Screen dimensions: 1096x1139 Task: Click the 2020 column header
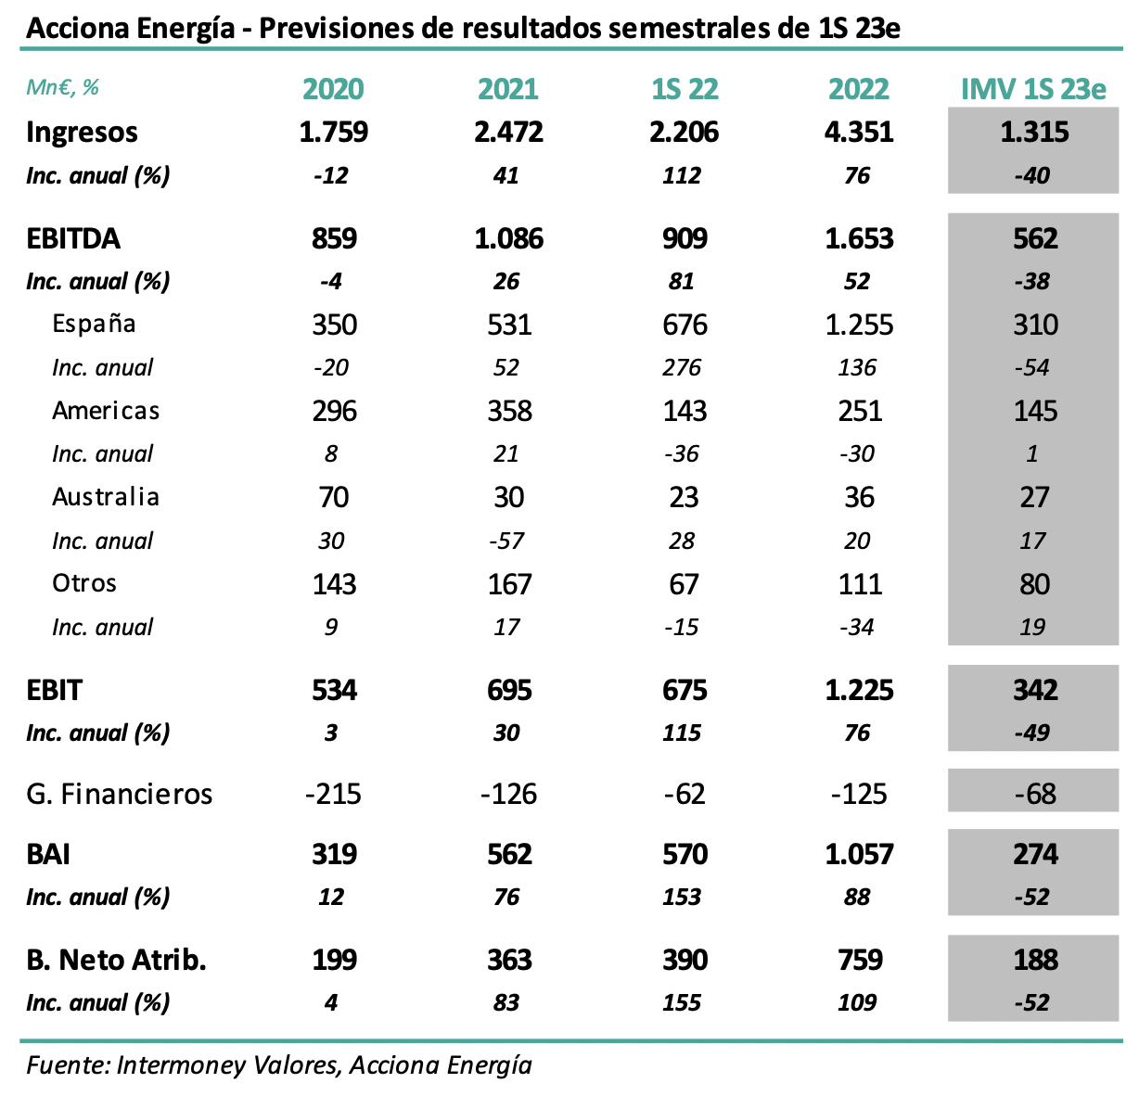[x=333, y=89]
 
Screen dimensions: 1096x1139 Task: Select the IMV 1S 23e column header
[x=1033, y=89]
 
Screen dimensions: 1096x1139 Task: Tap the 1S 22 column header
[x=684, y=89]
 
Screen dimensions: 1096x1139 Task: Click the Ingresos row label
[x=82, y=132]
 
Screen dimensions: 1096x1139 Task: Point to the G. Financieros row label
[x=119, y=794]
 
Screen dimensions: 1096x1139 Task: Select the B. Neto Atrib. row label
[x=116, y=960]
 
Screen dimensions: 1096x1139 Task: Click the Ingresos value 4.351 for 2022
[x=859, y=132]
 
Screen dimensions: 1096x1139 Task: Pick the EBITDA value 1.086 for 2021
[x=508, y=239]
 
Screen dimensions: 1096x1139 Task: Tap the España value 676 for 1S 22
[x=685, y=325]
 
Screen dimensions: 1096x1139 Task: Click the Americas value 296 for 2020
[x=334, y=411]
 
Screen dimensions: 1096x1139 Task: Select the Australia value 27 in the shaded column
[x=1034, y=497]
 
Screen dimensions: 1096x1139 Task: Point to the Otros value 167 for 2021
[x=509, y=584]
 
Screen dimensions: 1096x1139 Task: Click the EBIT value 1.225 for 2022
[x=859, y=691]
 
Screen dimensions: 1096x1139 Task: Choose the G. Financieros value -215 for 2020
[x=333, y=794]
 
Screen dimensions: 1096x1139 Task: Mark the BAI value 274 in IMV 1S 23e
[x=1035, y=854]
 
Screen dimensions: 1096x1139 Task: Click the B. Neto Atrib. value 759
[x=860, y=960]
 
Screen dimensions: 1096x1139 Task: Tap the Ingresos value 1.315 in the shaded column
[x=1034, y=132]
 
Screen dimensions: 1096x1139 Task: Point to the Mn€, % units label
[x=62, y=88]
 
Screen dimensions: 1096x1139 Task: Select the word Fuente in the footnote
[x=65, y=1064]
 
